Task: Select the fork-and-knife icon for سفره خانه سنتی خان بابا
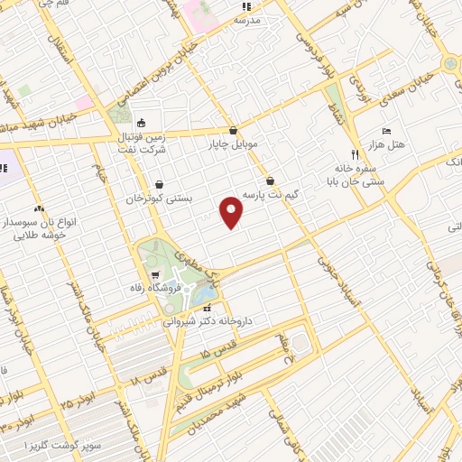coord(354,154)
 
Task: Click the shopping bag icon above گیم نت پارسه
coord(270,180)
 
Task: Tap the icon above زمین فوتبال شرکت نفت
coord(140,124)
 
